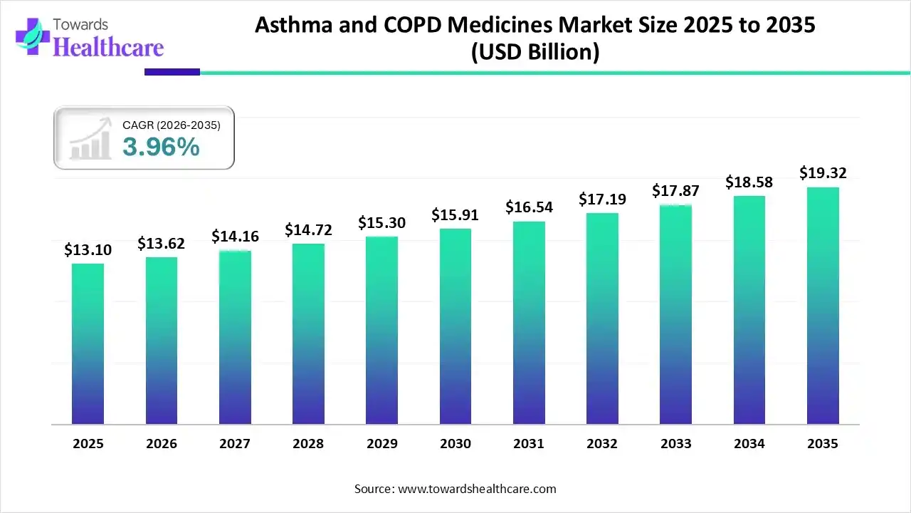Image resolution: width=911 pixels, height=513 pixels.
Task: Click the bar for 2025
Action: tap(88, 344)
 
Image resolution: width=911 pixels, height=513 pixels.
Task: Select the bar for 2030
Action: tap(455, 326)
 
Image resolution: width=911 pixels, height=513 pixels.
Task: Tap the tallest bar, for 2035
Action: tap(823, 306)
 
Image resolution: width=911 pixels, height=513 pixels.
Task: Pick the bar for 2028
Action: tap(308, 334)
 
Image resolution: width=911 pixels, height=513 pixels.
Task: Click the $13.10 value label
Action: tap(88, 250)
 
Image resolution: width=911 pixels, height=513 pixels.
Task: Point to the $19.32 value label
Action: tap(823, 173)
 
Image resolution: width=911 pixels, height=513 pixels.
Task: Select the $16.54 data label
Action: tap(529, 207)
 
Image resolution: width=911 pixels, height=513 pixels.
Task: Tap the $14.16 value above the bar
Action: tap(235, 237)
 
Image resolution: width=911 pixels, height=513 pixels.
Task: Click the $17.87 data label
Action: tap(675, 191)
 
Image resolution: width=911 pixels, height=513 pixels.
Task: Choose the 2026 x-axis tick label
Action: tap(162, 444)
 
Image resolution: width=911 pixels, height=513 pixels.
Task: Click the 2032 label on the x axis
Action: tap(602, 444)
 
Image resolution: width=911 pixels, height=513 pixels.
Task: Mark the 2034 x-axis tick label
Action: tap(749, 444)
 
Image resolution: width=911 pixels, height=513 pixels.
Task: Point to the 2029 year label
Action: tap(382, 444)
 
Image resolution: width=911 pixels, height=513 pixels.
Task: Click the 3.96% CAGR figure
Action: tap(161, 147)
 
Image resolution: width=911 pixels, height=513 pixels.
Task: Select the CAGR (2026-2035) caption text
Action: tap(172, 125)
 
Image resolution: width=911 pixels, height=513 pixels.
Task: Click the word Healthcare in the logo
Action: tap(108, 47)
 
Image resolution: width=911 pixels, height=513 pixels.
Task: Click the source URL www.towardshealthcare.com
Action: tap(475, 489)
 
